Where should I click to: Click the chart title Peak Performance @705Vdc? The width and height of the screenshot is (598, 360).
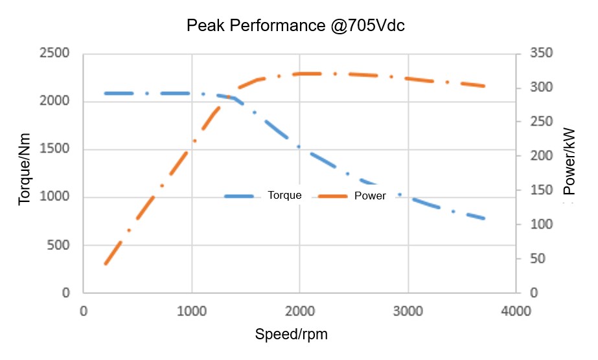(295, 26)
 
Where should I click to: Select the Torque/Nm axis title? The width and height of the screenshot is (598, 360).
(25, 173)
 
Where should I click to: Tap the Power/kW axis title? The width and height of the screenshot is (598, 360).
(569, 161)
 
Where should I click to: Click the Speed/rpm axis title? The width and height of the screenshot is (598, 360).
(291, 334)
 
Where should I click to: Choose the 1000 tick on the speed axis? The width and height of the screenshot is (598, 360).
(191, 311)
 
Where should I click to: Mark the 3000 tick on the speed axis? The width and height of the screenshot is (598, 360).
(408, 311)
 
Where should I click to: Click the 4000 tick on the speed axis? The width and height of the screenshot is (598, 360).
(516, 311)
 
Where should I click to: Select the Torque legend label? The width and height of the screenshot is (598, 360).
(284, 196)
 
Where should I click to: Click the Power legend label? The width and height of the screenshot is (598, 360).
(370, 196)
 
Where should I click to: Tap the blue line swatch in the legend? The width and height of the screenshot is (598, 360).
(242, 196)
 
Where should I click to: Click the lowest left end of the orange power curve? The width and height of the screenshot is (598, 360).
(106, 264)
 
